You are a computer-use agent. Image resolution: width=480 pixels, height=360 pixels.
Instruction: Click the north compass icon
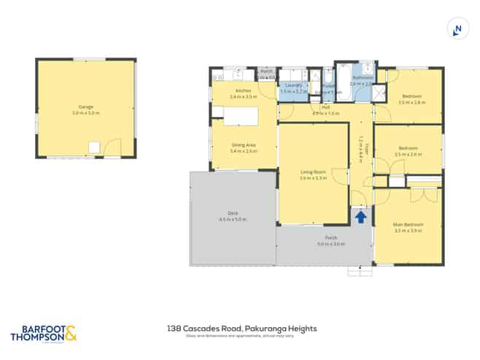(457, 29)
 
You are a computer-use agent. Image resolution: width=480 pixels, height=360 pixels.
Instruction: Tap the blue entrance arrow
(360, 216)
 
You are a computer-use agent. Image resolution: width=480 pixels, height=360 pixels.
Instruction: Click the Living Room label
(312, 172)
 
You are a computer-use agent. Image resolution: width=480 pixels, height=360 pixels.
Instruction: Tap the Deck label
(233, 213)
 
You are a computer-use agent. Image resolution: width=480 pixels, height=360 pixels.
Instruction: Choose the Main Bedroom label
(409, 224)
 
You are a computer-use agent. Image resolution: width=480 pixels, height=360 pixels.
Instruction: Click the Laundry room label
(293, 86)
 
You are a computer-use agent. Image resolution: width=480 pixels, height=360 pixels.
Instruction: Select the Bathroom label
(363, 77)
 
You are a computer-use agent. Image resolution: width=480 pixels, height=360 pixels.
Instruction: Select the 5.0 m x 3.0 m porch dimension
(330, 244)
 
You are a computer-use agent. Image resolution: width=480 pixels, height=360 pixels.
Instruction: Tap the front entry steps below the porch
(360, 271)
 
